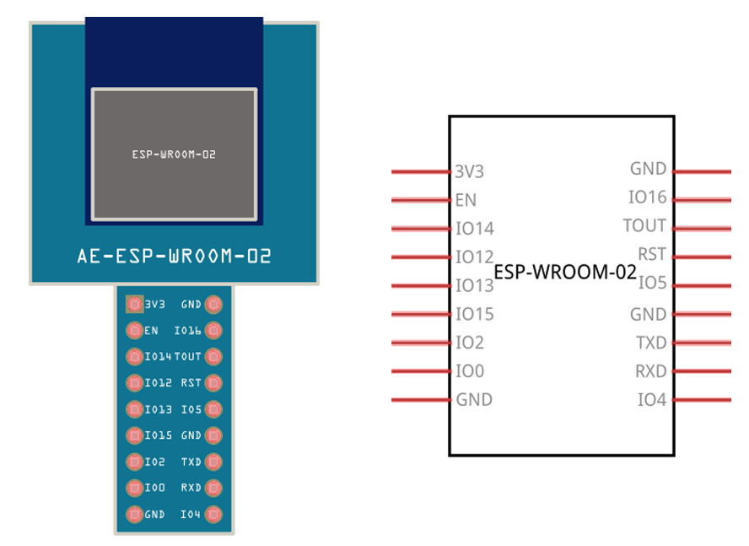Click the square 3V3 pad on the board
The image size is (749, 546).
point(133,304)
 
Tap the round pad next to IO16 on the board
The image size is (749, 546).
point(213,330)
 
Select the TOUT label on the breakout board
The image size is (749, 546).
point(187,356)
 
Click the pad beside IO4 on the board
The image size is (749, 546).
point(213,514)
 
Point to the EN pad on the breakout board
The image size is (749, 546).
point(133,330)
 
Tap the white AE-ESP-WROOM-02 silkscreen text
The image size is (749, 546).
point(174,256)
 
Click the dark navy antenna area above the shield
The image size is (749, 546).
point(174,51)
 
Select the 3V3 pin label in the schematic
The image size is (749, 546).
point(469,171)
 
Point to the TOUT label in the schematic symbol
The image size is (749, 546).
point(644,226)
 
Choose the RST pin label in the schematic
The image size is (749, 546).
point(651,254)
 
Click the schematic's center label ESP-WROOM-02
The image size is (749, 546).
point(564,273)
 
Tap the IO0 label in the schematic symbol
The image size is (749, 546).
point(470,371)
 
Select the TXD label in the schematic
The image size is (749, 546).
point(651,343)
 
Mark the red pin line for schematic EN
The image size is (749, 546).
point(420,201)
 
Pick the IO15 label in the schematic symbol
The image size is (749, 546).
point(474,314)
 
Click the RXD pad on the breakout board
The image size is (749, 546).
point(213,488)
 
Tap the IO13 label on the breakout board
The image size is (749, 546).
point(158,409)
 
